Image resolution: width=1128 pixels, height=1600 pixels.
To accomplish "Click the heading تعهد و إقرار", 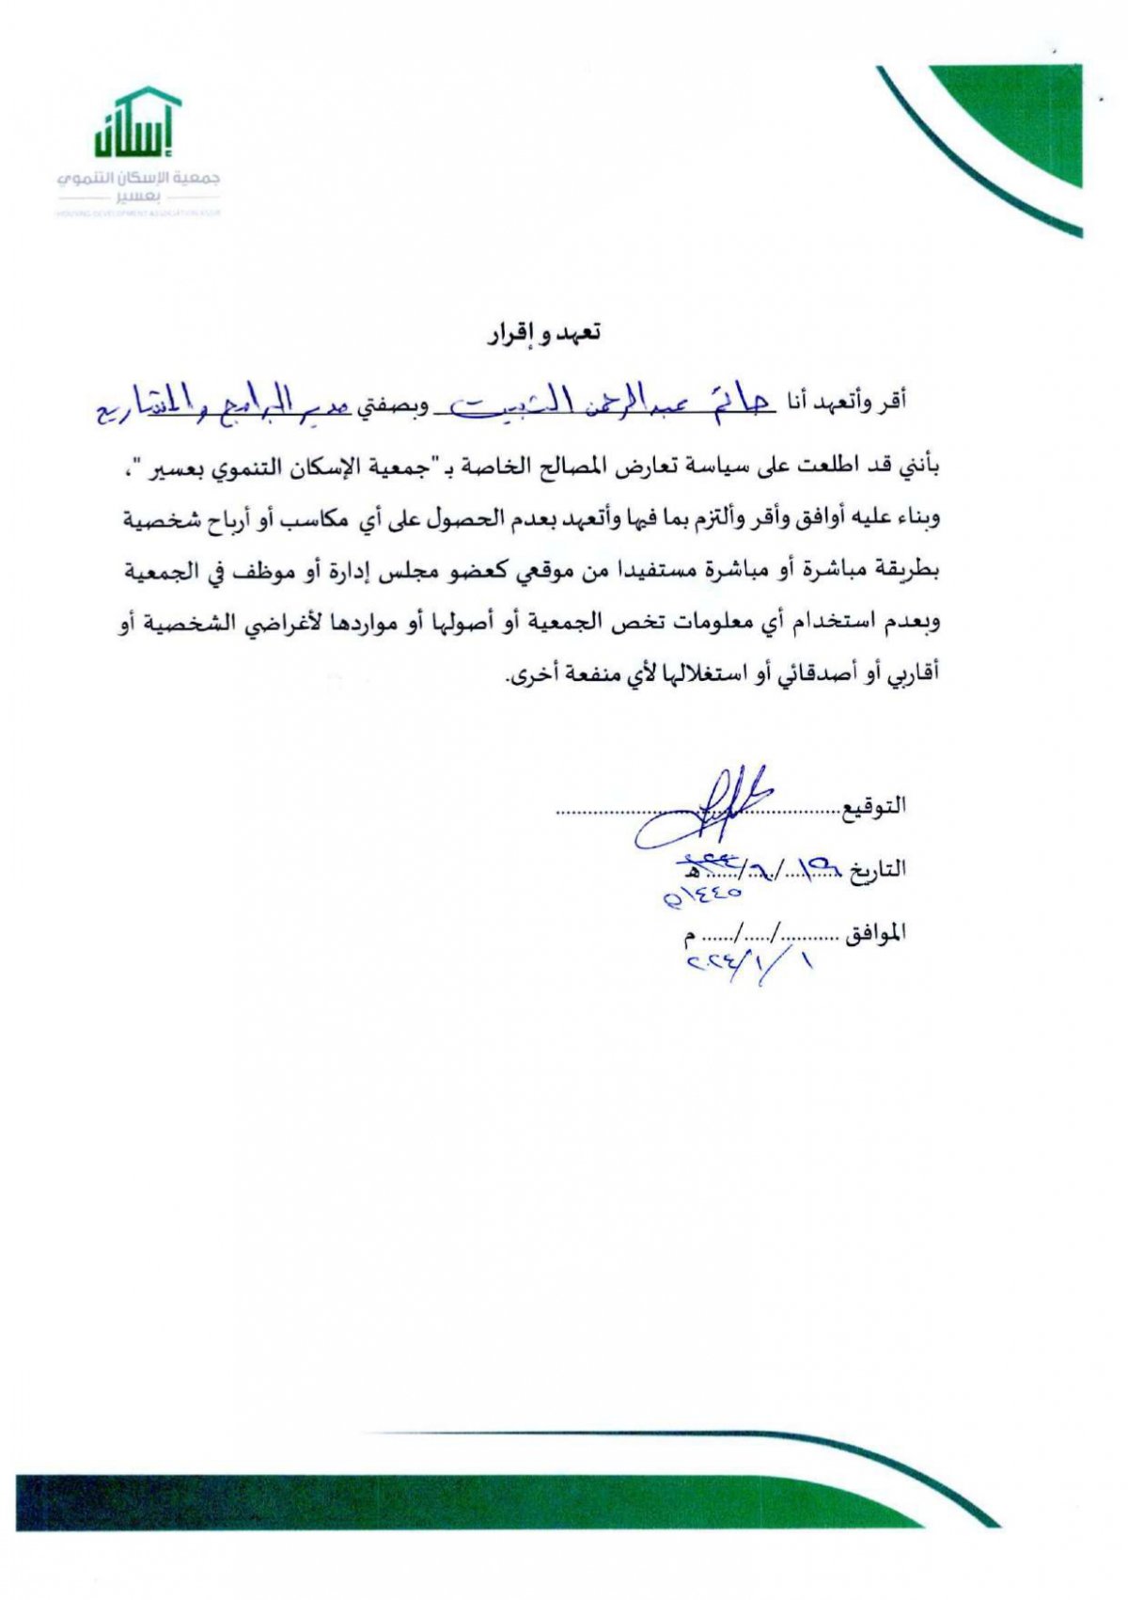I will pos(544,333).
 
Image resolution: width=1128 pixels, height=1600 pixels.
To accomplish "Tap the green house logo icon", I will pos(137,122).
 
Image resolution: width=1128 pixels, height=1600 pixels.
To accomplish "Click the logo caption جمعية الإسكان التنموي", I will pos(138,178).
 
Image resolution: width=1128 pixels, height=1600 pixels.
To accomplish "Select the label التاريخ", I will pos(878,869).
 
